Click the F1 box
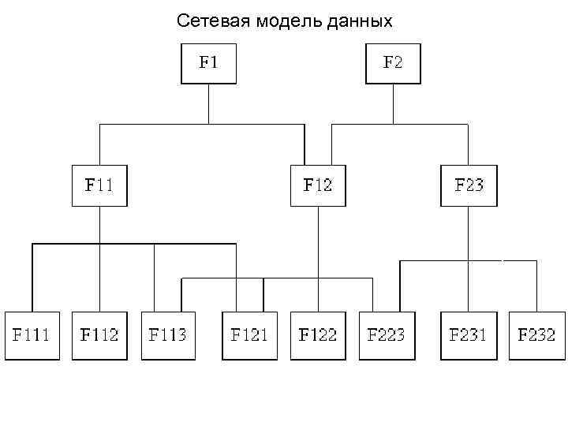point(208,64)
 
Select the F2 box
point(392,64)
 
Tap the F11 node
point(99,185)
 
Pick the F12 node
point(318,185)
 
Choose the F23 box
point(469,185)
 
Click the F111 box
point(32,335)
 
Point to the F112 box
point(99,335)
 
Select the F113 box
point(169,335)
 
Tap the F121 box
point(249,335)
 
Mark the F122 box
point(318,335)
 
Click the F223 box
point(386,335)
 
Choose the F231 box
point(469,335)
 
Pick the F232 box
point(536,335)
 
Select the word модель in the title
point(288,21)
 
